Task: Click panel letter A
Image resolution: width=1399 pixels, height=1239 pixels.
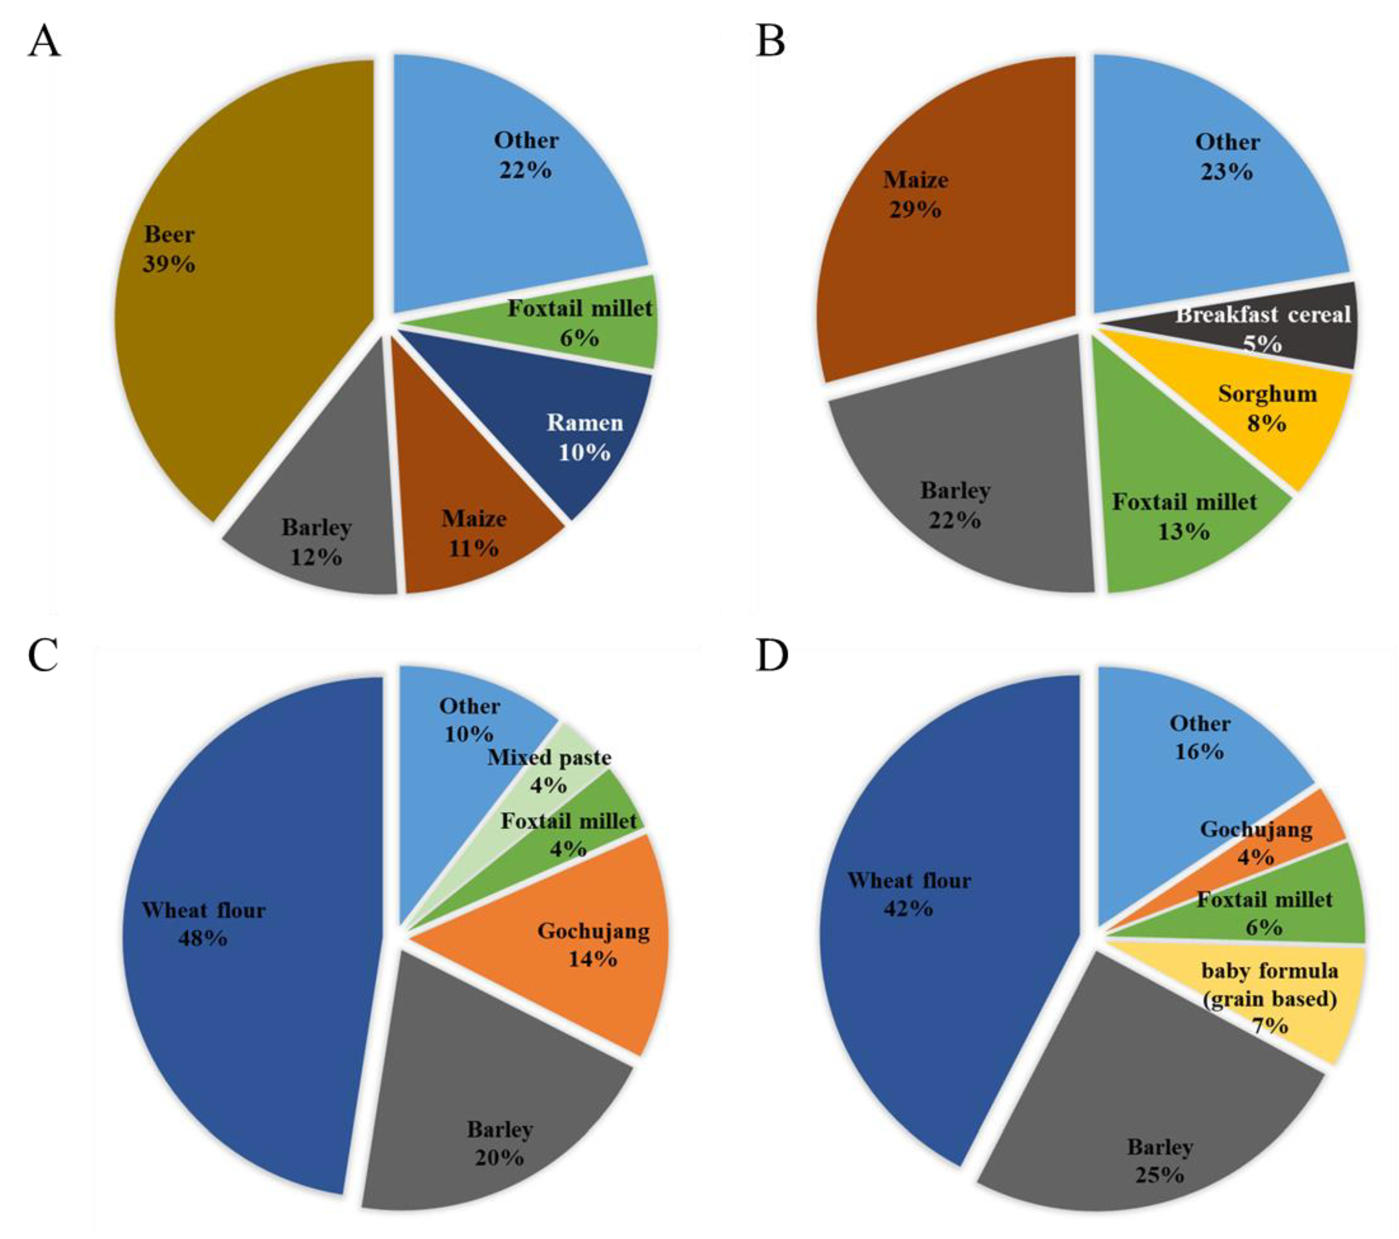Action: pos(44,43)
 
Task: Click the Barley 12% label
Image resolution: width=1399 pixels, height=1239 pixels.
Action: pos(316,542)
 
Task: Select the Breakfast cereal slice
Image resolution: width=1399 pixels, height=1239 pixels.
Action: pos(1266,328)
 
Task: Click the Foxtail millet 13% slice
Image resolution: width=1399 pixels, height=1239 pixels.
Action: pos(1184,520)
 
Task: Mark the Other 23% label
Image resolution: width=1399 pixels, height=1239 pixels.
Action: pos(1227,157)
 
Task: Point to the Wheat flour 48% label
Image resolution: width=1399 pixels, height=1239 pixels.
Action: pos(203,923)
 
